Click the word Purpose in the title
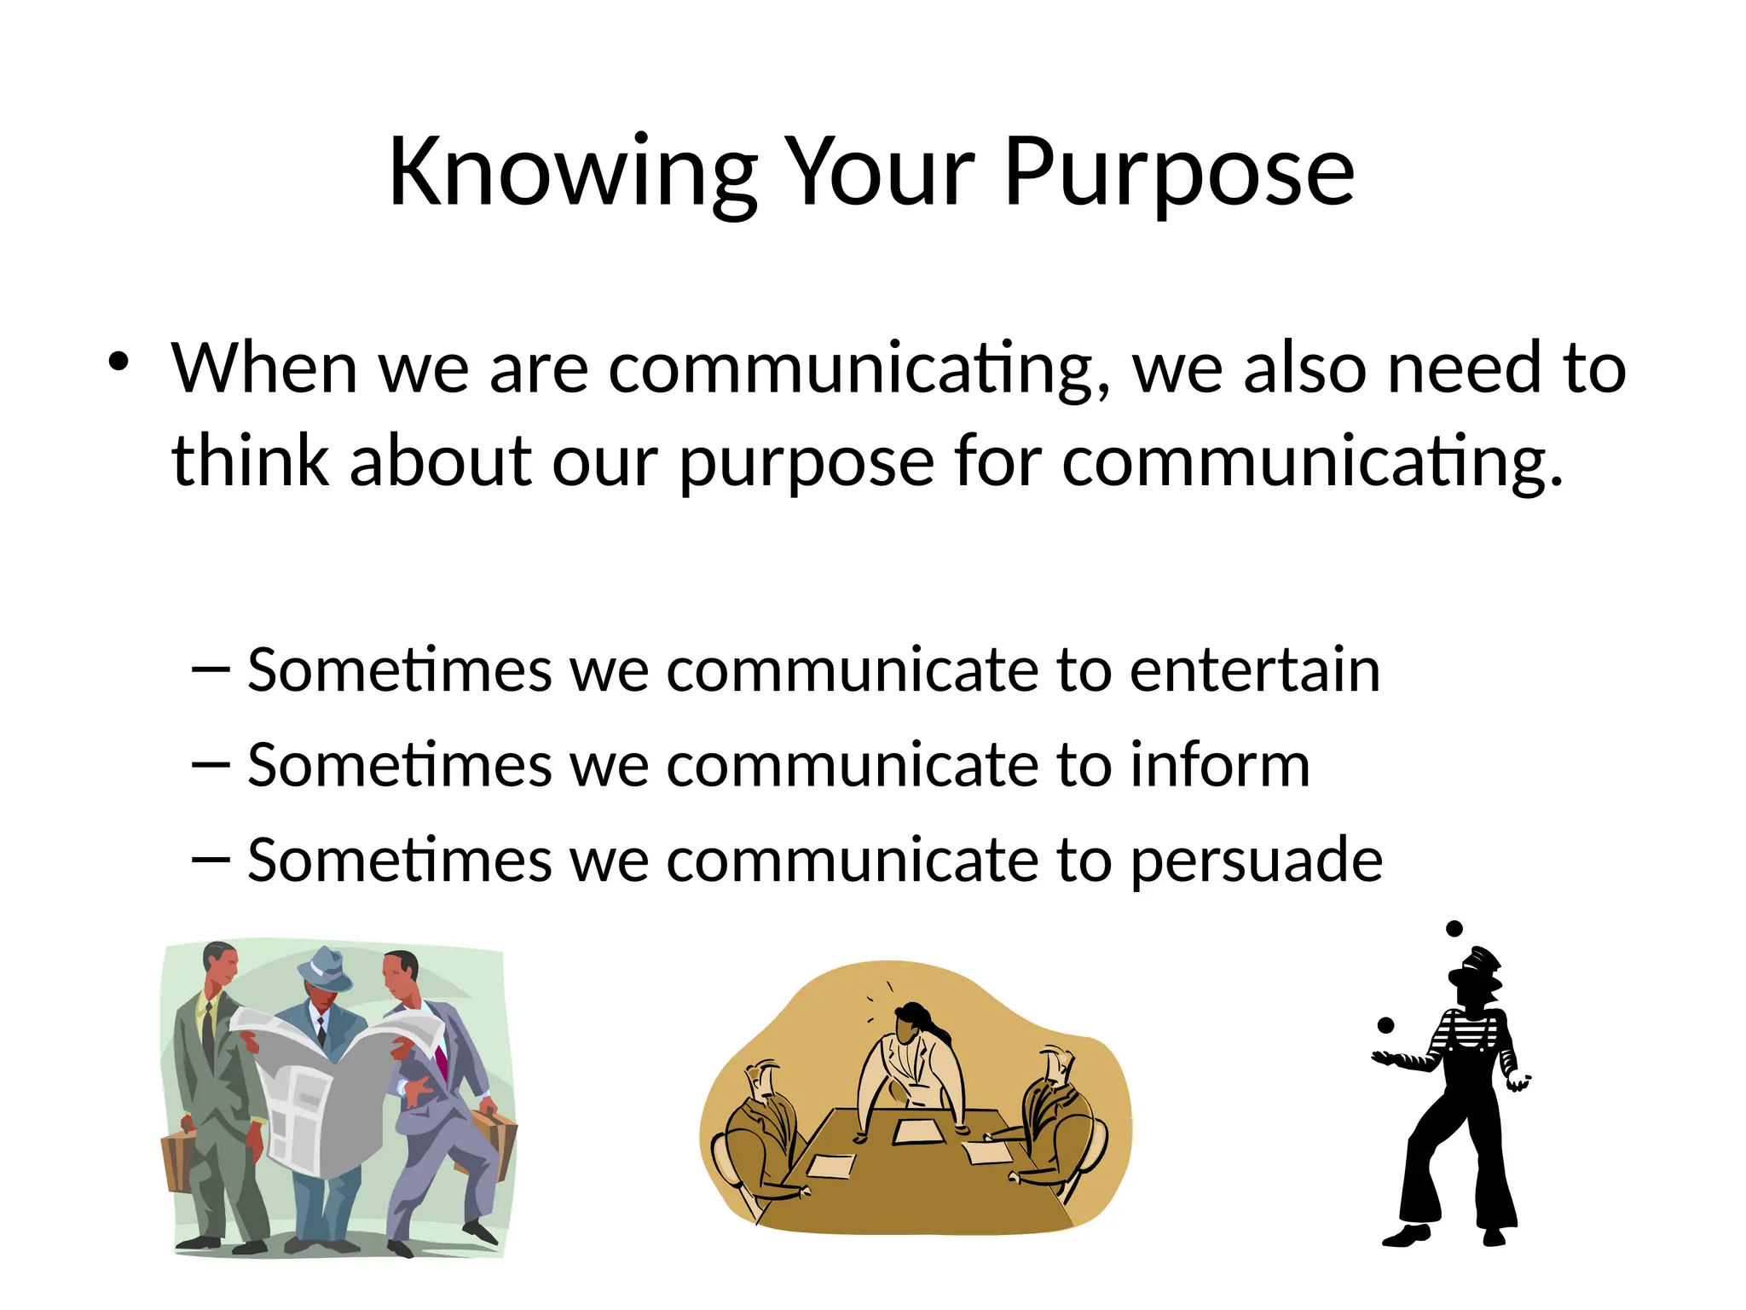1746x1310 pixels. [1178, 174]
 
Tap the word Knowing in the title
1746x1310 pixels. [573, 174]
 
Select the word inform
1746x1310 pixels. [1219, 765]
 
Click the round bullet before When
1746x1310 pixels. [119, 362]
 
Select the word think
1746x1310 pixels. [250, 461]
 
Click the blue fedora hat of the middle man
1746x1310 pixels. [324, 969]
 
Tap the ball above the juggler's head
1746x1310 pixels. [1454, 929]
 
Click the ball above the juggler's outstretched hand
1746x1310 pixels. [1385, 1025]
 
